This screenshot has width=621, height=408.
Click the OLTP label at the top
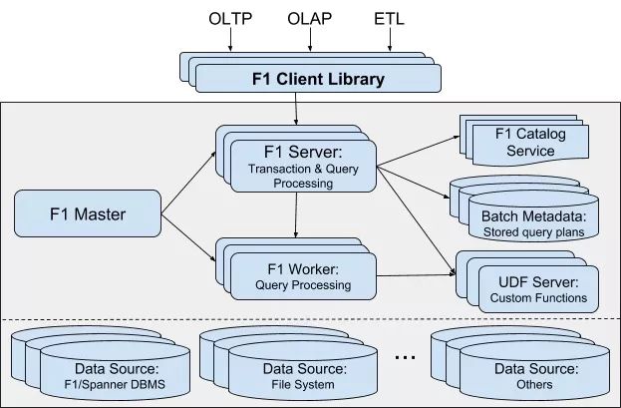pos(231,19)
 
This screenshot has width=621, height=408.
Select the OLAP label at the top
pos(310,19)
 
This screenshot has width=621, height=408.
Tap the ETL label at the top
pos(389,19)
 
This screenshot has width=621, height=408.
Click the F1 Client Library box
pos(316,79)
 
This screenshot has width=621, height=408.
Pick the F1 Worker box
pos(303,276)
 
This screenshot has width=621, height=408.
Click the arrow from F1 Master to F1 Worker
pos(189,239)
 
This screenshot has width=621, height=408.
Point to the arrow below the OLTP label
pos(231,39)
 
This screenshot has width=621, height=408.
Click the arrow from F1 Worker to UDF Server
pos(417,275)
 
